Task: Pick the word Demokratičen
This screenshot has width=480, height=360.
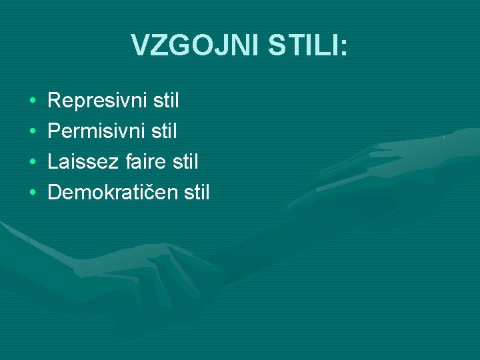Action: tap(111, 193)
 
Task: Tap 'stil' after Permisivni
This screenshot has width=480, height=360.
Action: tap(164, 131)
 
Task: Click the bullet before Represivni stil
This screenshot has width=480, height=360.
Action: tap(33, 102)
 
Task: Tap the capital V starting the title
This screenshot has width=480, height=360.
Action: tap(139, 45)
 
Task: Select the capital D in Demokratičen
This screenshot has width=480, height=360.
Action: tap(55, 193)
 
